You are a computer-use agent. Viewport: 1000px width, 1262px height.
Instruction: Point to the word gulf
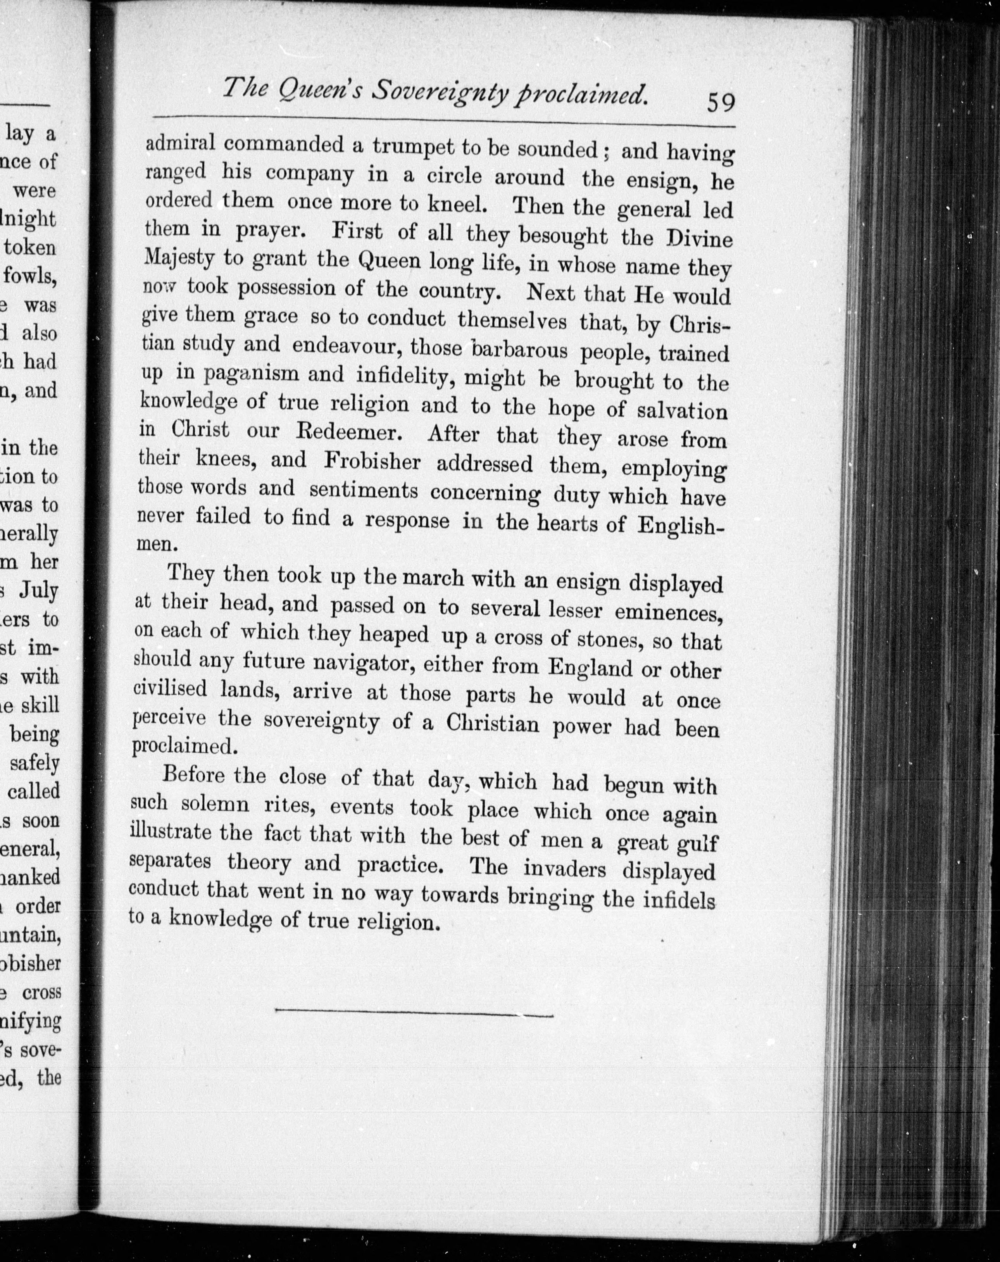click(697, 843)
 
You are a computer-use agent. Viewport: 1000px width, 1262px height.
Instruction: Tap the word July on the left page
click(39, 590)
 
